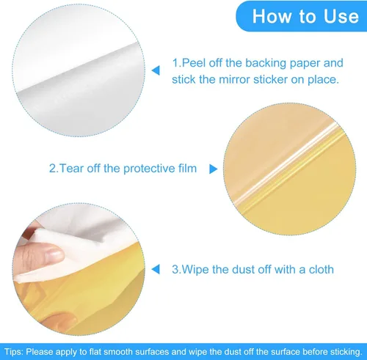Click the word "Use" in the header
341,16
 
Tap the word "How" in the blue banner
272,16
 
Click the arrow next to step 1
156,70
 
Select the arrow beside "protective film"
214,169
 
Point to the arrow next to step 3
156,269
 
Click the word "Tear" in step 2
71,169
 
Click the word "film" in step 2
187,169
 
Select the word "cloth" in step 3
321,269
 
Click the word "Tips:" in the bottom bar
14,352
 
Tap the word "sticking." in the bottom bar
346,352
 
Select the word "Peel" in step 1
194,63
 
